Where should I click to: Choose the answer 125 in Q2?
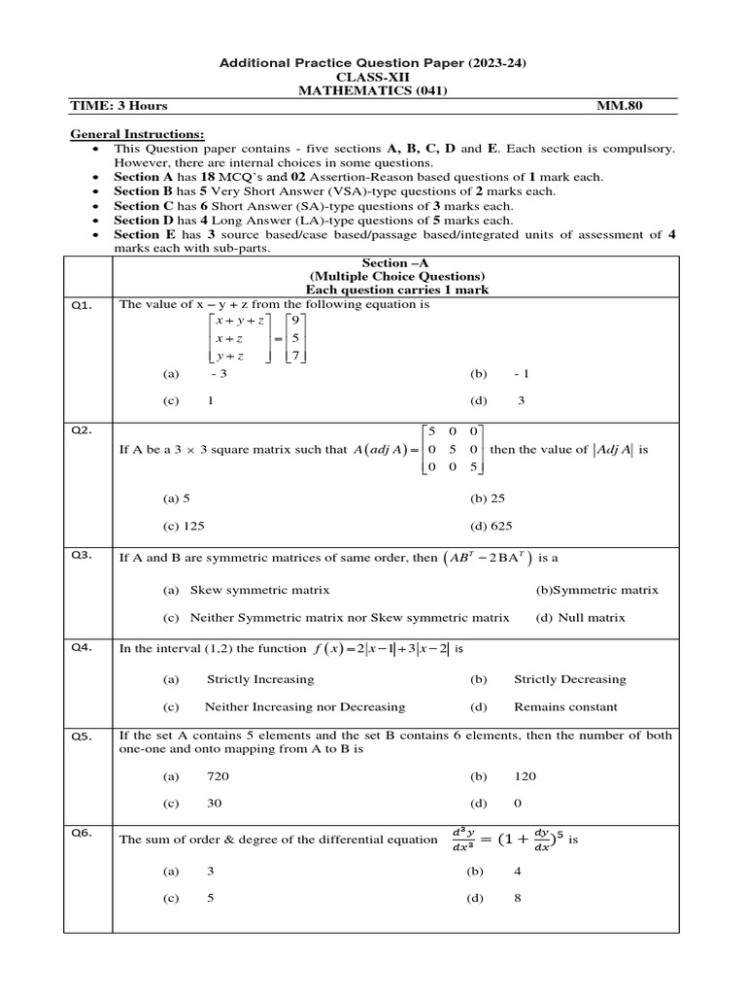(x=184, y=526)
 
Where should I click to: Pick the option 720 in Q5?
(x=218, y=776)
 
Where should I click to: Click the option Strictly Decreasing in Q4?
(x=569, y=679)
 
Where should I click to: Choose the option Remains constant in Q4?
(x=565, y=707)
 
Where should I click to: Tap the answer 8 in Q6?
(x=518, y=899)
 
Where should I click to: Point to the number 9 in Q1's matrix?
(x=295, y=320)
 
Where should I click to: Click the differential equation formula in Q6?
(x=506, y=839)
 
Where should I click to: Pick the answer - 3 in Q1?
(x=218, y=373)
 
